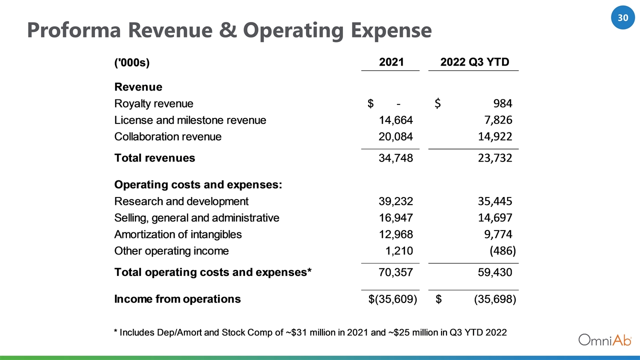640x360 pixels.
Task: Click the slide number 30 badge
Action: tap(623, 17)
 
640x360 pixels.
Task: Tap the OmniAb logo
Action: tap(605, 340)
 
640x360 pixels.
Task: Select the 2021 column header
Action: tap(391, 62)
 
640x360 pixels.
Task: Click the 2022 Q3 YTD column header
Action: tap(474, 62)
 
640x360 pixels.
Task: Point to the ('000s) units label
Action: tap(131, 62)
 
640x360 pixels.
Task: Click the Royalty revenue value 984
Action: tap(502, 103)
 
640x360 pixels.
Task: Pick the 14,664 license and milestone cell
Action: tap(395, 120)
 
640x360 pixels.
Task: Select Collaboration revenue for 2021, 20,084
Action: tap(395, 136)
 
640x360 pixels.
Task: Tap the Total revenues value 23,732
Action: tap(495, 158)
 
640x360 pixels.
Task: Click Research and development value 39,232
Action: tap(395, 201)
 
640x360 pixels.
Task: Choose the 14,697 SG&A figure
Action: tap(495, 218)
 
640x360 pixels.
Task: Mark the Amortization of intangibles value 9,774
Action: tap(498, 234)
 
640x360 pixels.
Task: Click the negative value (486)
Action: tap(503, 251)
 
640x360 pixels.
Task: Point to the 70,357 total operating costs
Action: tap(395, 272)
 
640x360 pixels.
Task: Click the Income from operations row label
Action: tap(177, 299)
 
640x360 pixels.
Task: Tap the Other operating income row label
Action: tap(171, 251)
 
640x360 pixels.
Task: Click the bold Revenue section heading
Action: tap(138, 87)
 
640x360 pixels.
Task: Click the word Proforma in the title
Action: tap(74, 30)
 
